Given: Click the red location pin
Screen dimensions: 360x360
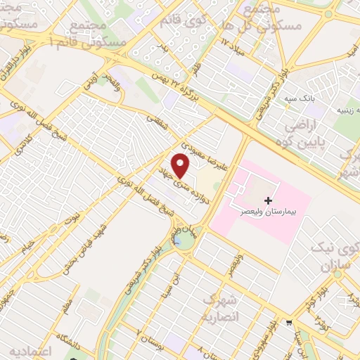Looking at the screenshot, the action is [x=181, y=165].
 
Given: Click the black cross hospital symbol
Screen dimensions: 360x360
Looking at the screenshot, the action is [x=269, y=201].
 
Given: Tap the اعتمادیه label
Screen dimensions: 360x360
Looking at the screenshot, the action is [x=28, y=350].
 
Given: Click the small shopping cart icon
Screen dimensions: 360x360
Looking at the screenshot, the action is [x=288, y=323].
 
